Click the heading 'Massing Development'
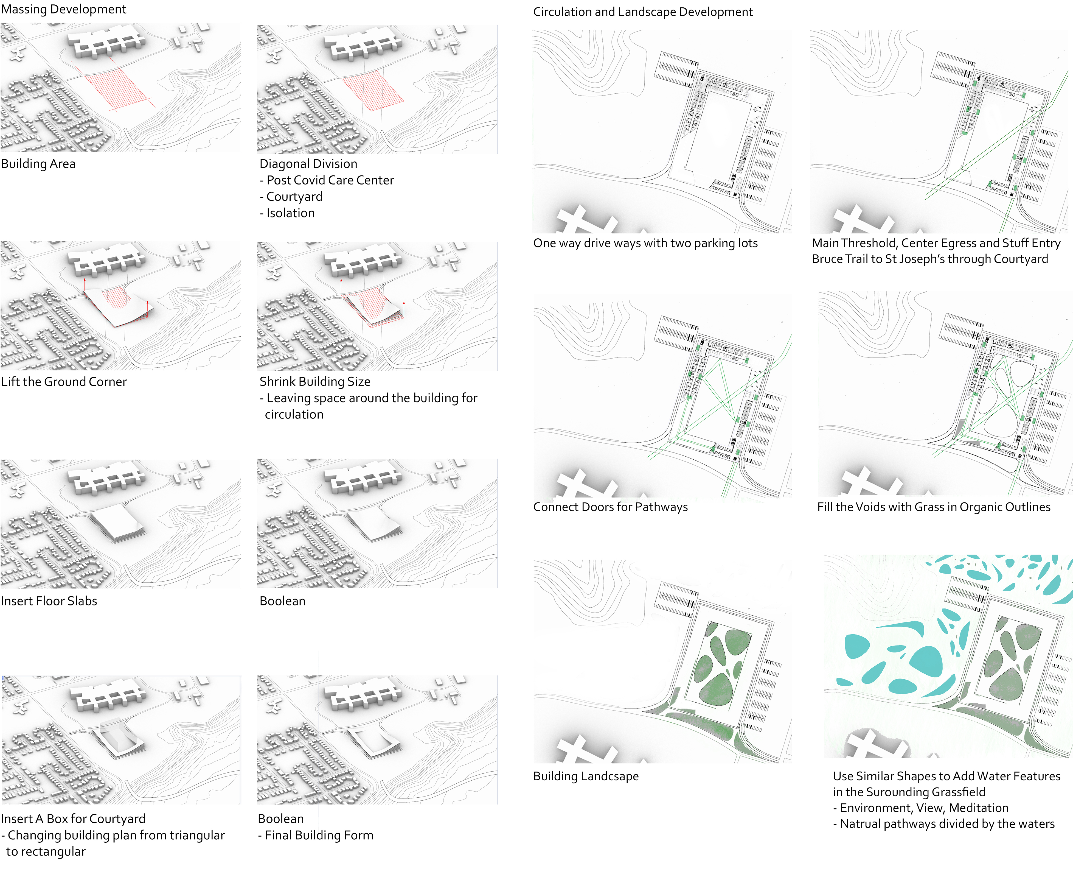pyautogui.click(x=63, y=9)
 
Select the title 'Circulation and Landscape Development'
pyautogui.click(x=643, y=12)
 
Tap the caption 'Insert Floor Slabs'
pyautogui.click(x=49, y=601)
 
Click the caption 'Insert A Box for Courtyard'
pyautogui.click(x=73, y=819)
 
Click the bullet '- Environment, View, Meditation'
pyautogui.click(x=921, y=808)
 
